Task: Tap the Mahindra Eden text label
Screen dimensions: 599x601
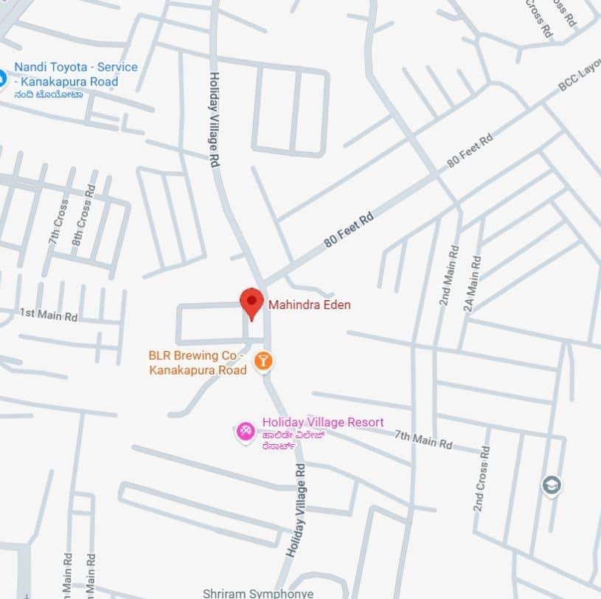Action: pos(309,304)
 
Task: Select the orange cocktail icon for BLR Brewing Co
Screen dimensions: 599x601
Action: pos(263,361)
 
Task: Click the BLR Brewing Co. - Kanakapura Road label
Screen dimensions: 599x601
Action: pos(197,363)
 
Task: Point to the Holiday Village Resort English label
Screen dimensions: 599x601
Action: pos(323,422)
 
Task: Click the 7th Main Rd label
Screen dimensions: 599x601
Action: pos(423,440)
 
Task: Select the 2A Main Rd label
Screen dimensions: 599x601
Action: pos(471,284)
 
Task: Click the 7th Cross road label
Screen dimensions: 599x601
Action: pos(59,222)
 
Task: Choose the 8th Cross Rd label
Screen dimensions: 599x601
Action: pos(84,215)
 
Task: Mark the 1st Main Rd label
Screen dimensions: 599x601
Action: pos(48,314)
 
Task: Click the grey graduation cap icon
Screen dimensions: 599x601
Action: pos(551,485)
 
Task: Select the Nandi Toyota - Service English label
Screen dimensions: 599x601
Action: pos(75,75)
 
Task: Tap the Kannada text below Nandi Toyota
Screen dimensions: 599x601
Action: pos(49,94)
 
